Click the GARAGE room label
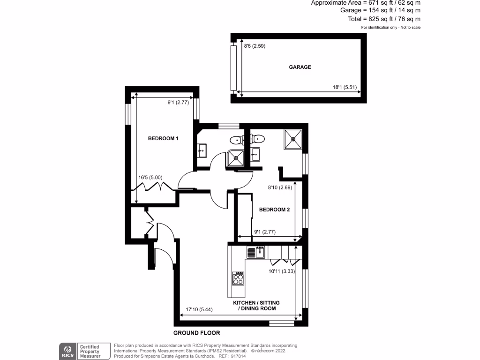(x=300, y=67)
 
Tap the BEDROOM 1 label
(x=163, y=138)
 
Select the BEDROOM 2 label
(x=274, y=210)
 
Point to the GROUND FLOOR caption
(x=196, y=333)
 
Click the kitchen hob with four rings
(x=238, y=278)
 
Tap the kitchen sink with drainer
(x=256, y=252)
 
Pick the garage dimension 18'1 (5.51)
(x=345, y=87)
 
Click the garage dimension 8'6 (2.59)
(x=255, y=46)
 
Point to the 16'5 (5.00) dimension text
(x=150, y=178)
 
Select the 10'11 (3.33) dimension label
(x=281, y=271)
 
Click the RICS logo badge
(x=67, y=350)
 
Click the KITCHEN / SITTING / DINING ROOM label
(x=255, y=306)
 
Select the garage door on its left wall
(x=233, y=68)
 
